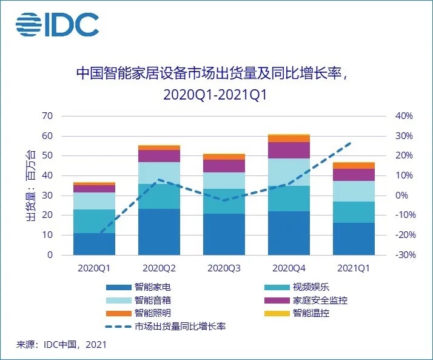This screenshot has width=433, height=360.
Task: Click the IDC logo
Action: (57, 24)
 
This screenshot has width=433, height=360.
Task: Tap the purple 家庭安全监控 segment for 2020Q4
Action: (289, 150)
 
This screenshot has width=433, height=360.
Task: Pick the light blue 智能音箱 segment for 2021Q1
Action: (354, 191)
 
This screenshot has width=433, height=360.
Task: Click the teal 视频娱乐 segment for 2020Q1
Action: (95, 221)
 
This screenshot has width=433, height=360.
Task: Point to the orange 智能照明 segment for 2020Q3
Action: (224, 157)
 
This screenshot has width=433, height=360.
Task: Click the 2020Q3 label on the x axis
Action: (224, 268)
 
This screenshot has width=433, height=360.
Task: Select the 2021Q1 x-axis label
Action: (354, 268)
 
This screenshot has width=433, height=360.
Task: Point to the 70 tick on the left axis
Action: (47, 116)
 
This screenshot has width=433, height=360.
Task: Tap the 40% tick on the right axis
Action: (404, 116)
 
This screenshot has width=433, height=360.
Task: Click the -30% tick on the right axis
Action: (403, 255)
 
